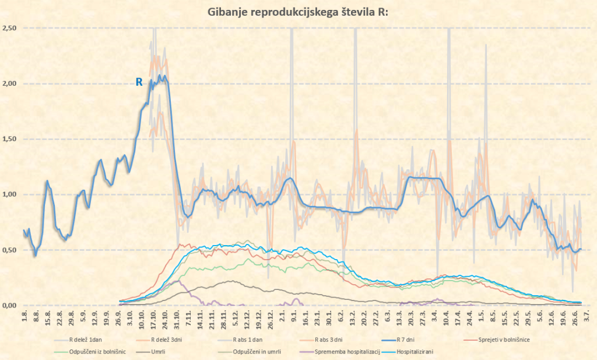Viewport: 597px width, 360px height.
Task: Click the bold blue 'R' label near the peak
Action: [139, 82]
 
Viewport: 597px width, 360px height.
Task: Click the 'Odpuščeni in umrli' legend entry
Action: [252, 352]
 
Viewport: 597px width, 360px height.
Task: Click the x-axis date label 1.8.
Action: [24, 317]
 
